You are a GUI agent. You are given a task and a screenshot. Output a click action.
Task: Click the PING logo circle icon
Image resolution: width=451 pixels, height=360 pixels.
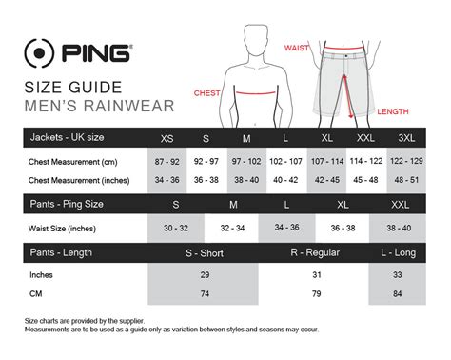pyautogui.click(x=40, y=54)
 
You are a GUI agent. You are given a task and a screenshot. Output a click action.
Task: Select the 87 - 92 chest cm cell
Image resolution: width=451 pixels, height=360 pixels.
pyautogui.click(x=168, y=163)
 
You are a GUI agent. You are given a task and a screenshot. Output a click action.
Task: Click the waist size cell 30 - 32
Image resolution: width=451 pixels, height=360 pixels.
pyautogui.click(x=176, y=227)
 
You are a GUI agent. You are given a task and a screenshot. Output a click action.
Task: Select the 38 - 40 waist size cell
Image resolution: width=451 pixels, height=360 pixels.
pyautogui.click(x=398, y=227)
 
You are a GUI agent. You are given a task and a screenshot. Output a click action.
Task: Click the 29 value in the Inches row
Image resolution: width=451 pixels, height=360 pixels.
pyautogui.click(x=204, y=274)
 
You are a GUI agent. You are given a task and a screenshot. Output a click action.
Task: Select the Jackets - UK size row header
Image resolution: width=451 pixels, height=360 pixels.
pyautogui.click(x=69, y=139)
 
